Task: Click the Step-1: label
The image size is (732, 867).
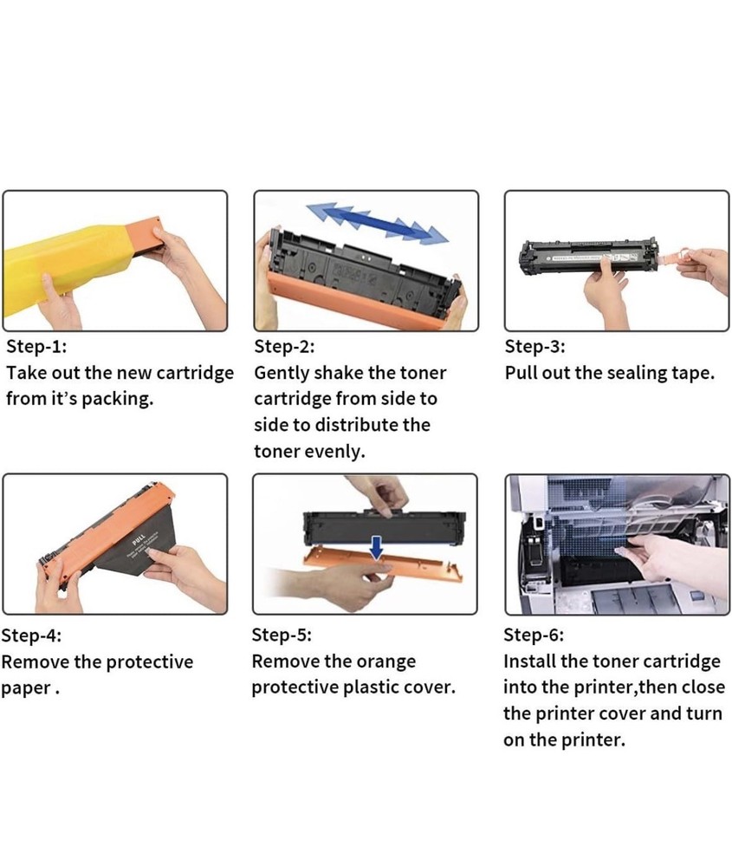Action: pyautogui.click(x=36, y=346)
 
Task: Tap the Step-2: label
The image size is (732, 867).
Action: pyautogui.click(x=284, y=346)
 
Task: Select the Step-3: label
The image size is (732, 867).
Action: pyautogui.click(x=535, y=346)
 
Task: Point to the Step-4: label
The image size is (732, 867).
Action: pyautogui.click(x=31, y=636)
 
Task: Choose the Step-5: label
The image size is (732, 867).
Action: pyautogui.click(x=282, y=635)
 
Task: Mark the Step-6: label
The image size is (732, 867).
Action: pyautogui.click(x=534, y=635)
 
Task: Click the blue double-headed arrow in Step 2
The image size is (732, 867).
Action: pyautogui.click(x=378, y=222)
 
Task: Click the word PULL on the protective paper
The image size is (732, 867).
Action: pyautogui.click(x=139, y=538)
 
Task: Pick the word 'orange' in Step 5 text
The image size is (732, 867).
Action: pyautogui.click(x=386, y=662)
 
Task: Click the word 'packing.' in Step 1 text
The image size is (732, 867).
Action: pyautogui.click(x=117, y=399)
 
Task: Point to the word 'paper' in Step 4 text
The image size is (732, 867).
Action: pyautogui.click(x=26, y=689)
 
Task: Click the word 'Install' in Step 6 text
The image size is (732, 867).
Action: pyautogui.click(x=529, y=662)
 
